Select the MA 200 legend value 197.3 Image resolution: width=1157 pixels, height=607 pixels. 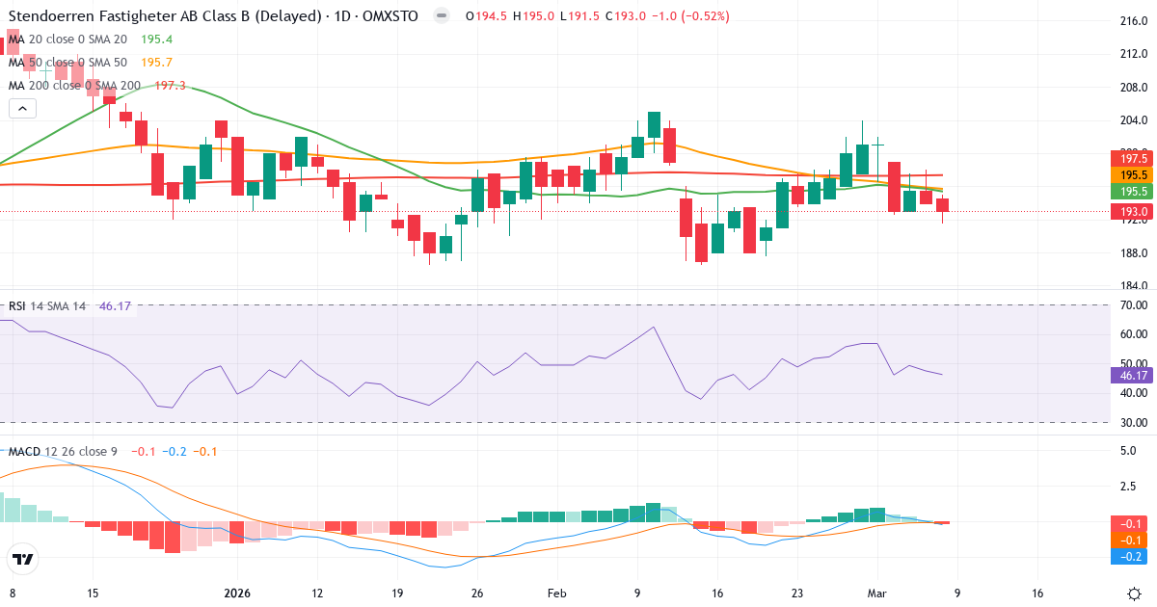[x=170, y=86]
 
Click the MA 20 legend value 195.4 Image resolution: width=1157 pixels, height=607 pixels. [x=156, y=40]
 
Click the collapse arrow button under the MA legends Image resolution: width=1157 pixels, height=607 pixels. [x=22, y=109]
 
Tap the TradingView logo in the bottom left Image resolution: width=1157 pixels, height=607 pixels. [x=22, y=559]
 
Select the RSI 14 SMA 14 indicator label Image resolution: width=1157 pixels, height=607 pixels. [x=47, y=306]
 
